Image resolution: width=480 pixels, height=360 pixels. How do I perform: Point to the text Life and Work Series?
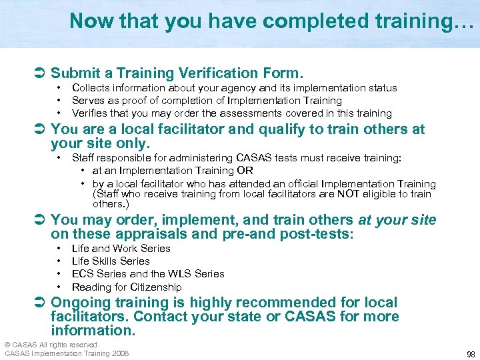pos(121,249)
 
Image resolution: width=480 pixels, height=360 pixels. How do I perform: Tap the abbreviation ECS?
pos(83,274)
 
